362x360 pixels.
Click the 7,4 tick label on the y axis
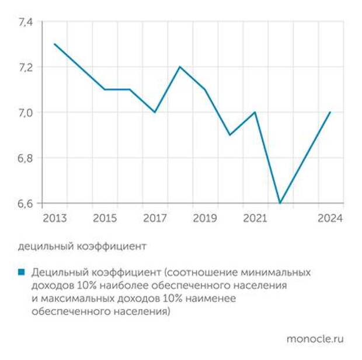click(27, 22)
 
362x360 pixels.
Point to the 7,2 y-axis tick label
click(27, 67)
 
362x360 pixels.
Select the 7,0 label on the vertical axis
click(27, 112)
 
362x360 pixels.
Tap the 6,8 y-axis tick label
click(27, 158)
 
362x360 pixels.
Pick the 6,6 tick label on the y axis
click(27, 203)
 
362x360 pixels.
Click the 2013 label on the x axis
click(54, 218)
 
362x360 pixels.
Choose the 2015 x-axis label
click(105, 218)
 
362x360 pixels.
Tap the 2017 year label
click(155, 218)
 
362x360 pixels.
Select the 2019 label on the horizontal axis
click(205, 218)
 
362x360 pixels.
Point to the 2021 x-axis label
click(255, 218)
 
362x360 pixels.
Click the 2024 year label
click(330, 218)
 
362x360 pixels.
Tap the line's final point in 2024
click(330, 112)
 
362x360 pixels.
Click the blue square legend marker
click(22, 272)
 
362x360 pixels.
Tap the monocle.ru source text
click(315, 338)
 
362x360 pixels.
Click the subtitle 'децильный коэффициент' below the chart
click(82, 246)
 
